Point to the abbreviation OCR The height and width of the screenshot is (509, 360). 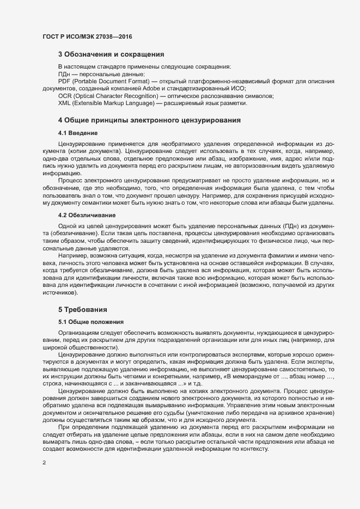pos(65,95)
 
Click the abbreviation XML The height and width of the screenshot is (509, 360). pos(65,103)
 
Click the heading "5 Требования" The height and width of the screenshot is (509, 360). pos(82,309)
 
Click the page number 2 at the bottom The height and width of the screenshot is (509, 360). pos(44,463)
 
